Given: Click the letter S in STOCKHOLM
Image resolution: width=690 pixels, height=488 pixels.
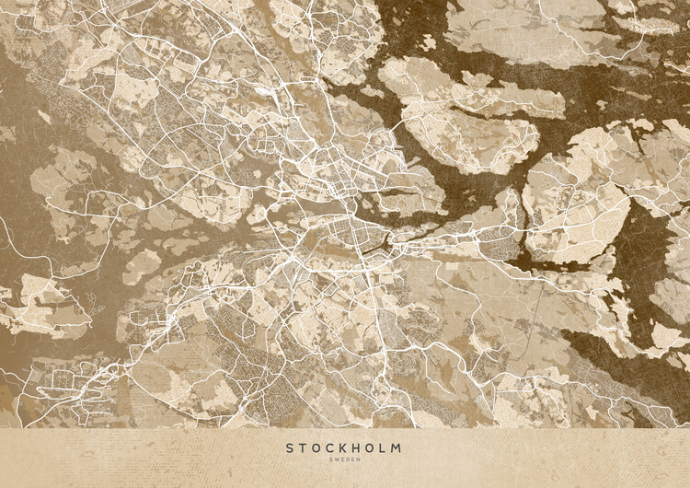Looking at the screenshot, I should pos(289,448).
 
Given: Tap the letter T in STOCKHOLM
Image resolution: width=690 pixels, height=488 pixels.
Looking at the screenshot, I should pos(303,448).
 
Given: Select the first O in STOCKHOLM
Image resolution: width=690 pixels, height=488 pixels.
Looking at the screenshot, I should pos(316,448).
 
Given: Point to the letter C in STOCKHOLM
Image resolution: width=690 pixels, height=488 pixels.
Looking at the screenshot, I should pos(331,448).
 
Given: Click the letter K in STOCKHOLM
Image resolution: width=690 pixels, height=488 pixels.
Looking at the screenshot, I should pos(345,448).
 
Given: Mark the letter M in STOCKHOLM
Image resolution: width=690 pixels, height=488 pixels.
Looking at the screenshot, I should pos(397,448).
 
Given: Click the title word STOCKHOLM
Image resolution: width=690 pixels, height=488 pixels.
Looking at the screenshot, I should pos(343,448).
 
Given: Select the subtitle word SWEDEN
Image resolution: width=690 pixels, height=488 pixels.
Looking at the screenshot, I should pos(344,461).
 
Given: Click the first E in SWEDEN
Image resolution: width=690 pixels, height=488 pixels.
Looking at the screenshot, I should pos(342,461).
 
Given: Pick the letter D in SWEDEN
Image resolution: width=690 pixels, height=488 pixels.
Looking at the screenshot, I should pos(347,461).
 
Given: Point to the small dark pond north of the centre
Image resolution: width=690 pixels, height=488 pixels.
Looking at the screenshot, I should pos(267,93).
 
